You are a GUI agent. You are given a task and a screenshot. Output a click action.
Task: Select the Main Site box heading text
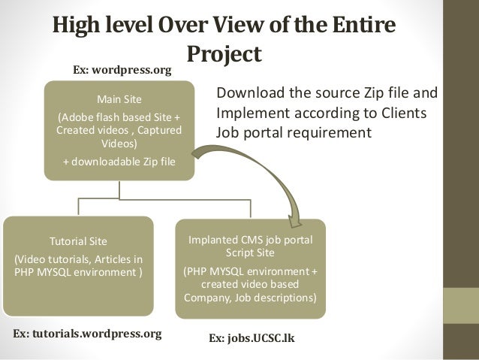tap(119, 100)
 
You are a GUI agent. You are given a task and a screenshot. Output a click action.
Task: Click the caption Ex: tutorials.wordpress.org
tap(88, 332)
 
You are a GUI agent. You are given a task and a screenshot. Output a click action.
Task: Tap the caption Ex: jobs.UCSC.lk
tap(251, 339)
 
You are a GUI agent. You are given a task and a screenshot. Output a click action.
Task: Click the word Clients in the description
tap(404, 113)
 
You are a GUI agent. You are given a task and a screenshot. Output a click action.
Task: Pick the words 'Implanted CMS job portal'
tap(250, 240)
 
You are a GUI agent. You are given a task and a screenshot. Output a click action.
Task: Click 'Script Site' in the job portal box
tap(250, 254)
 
